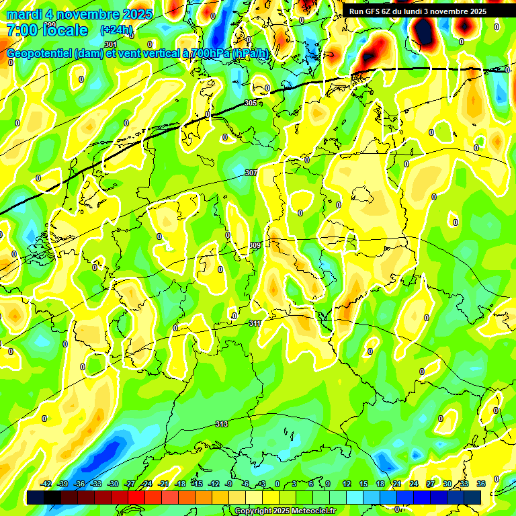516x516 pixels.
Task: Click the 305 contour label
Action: tap(251, 103)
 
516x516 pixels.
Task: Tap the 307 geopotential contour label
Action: tap(251, 173)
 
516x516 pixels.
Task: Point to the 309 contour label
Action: tap(255, 245)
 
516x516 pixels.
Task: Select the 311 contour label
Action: tap(255, 324)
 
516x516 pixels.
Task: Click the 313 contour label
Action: tap(221, 424)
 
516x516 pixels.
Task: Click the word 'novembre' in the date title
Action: tap(83, 14)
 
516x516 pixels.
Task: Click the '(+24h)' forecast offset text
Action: tap(116, 30)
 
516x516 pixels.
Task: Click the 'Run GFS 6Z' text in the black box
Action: tap(372, 11)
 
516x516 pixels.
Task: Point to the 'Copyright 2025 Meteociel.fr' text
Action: tap(285, 511)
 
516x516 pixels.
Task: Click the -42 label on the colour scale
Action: tap(46, 484)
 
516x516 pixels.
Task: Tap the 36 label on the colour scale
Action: tap(481, 484)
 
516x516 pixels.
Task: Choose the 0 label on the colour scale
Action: tap(277, 484)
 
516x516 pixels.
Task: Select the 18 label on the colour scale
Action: tap(380, 484)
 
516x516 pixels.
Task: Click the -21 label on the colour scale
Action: tap(163, 484)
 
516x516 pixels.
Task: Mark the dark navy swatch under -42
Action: tap(36, 497)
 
